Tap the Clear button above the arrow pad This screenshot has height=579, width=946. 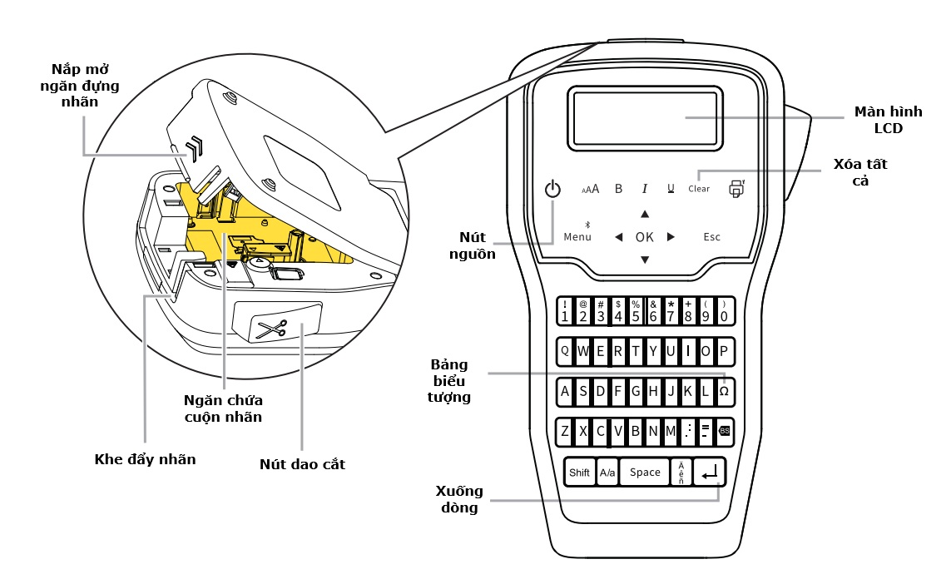699,189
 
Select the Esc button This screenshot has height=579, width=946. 711,237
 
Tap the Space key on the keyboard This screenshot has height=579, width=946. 645,473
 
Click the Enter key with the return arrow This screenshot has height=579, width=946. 710,473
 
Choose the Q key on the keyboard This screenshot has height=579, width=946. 565,351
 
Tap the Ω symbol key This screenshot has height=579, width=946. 724,391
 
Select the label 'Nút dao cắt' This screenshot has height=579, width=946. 302,464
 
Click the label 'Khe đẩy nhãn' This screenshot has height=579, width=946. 145,458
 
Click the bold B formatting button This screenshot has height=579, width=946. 618,189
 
